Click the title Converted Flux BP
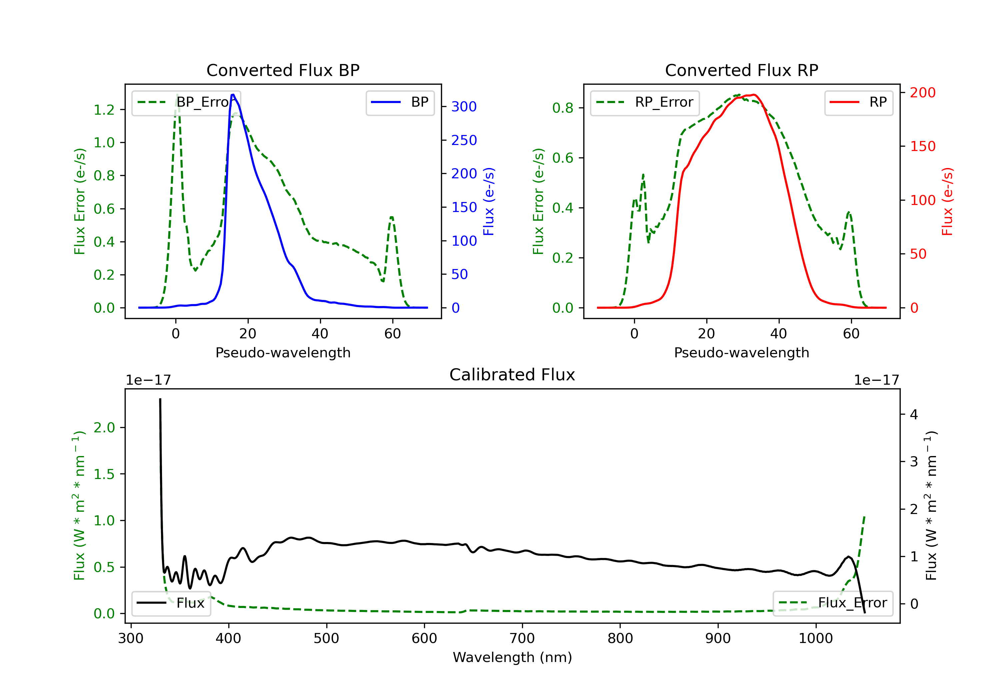283,70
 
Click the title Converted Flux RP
741,70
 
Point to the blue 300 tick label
464,107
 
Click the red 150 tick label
922,146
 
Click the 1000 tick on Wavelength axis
815,639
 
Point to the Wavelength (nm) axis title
512,657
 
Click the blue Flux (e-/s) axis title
489,202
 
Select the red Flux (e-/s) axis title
947,202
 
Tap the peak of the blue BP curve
233,95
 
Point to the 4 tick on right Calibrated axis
914,414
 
